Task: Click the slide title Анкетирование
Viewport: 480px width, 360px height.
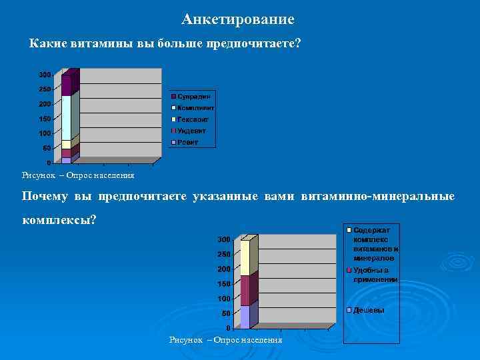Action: point(237,19)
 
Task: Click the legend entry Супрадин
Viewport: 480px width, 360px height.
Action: point(193,97)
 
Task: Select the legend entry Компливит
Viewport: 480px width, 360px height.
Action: point(195,107)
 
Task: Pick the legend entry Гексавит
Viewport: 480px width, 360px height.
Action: point(193,119)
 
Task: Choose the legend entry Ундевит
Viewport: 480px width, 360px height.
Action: point(192,130)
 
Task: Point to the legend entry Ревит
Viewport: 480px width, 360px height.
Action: point(188,142)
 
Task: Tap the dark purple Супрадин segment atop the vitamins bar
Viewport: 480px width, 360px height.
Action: point(66,85)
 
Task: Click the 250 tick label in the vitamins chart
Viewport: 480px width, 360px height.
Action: point(44,89)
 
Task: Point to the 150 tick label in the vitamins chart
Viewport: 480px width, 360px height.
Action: point(44,119)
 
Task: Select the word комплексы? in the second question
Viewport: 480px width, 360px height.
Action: point(59,219)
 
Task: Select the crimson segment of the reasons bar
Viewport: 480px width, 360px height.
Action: point(245,291)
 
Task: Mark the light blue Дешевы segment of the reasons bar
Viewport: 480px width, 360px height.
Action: point(245,317)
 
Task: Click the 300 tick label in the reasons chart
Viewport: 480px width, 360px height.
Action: point(224,239)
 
